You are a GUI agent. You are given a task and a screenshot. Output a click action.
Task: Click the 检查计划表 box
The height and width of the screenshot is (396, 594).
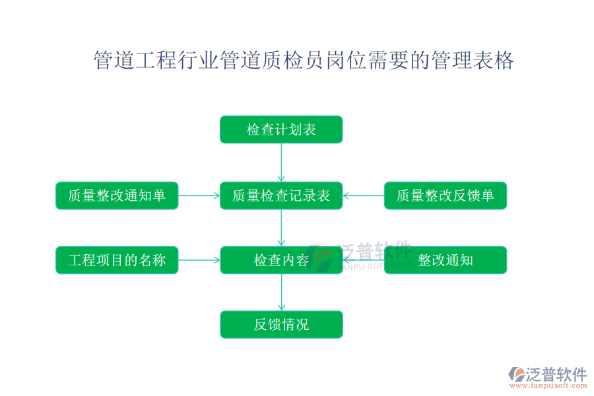(281, 129)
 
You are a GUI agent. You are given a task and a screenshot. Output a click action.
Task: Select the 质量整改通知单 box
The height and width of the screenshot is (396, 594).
(117, 195)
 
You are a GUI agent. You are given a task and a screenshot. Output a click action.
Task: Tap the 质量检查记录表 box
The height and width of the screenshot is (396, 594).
(281, 195)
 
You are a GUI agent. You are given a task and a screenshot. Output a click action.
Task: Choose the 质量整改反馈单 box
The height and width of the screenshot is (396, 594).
(445, 195)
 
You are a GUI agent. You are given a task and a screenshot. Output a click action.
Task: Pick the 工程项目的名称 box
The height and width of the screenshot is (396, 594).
(117, 260)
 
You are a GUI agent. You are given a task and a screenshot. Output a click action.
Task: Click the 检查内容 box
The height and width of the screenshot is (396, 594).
(281, 260)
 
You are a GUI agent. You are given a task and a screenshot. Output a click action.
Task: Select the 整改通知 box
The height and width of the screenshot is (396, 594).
(445, 260)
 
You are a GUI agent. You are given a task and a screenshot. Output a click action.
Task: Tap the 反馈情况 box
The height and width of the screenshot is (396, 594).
(281, 325)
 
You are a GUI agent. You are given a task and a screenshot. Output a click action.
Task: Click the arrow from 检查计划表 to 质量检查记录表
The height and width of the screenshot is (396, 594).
(281, 162)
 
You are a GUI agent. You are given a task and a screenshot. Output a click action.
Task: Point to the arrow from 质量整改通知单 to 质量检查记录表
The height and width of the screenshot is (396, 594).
(199, 195)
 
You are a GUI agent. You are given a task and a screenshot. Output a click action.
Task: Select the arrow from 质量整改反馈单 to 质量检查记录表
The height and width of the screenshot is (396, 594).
(364, 195)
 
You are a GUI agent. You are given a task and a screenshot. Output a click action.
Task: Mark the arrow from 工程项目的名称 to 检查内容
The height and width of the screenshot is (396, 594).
(199, 260)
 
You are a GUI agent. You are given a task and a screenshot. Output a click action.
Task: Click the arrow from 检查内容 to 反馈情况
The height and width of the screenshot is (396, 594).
(281, 292)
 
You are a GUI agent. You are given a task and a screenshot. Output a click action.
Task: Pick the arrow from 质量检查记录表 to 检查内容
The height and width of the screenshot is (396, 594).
(281, 228)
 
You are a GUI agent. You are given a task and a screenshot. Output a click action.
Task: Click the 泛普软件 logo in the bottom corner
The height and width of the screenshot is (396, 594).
(547, 374)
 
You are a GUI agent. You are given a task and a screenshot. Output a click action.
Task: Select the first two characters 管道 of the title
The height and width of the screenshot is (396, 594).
(114, 61)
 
